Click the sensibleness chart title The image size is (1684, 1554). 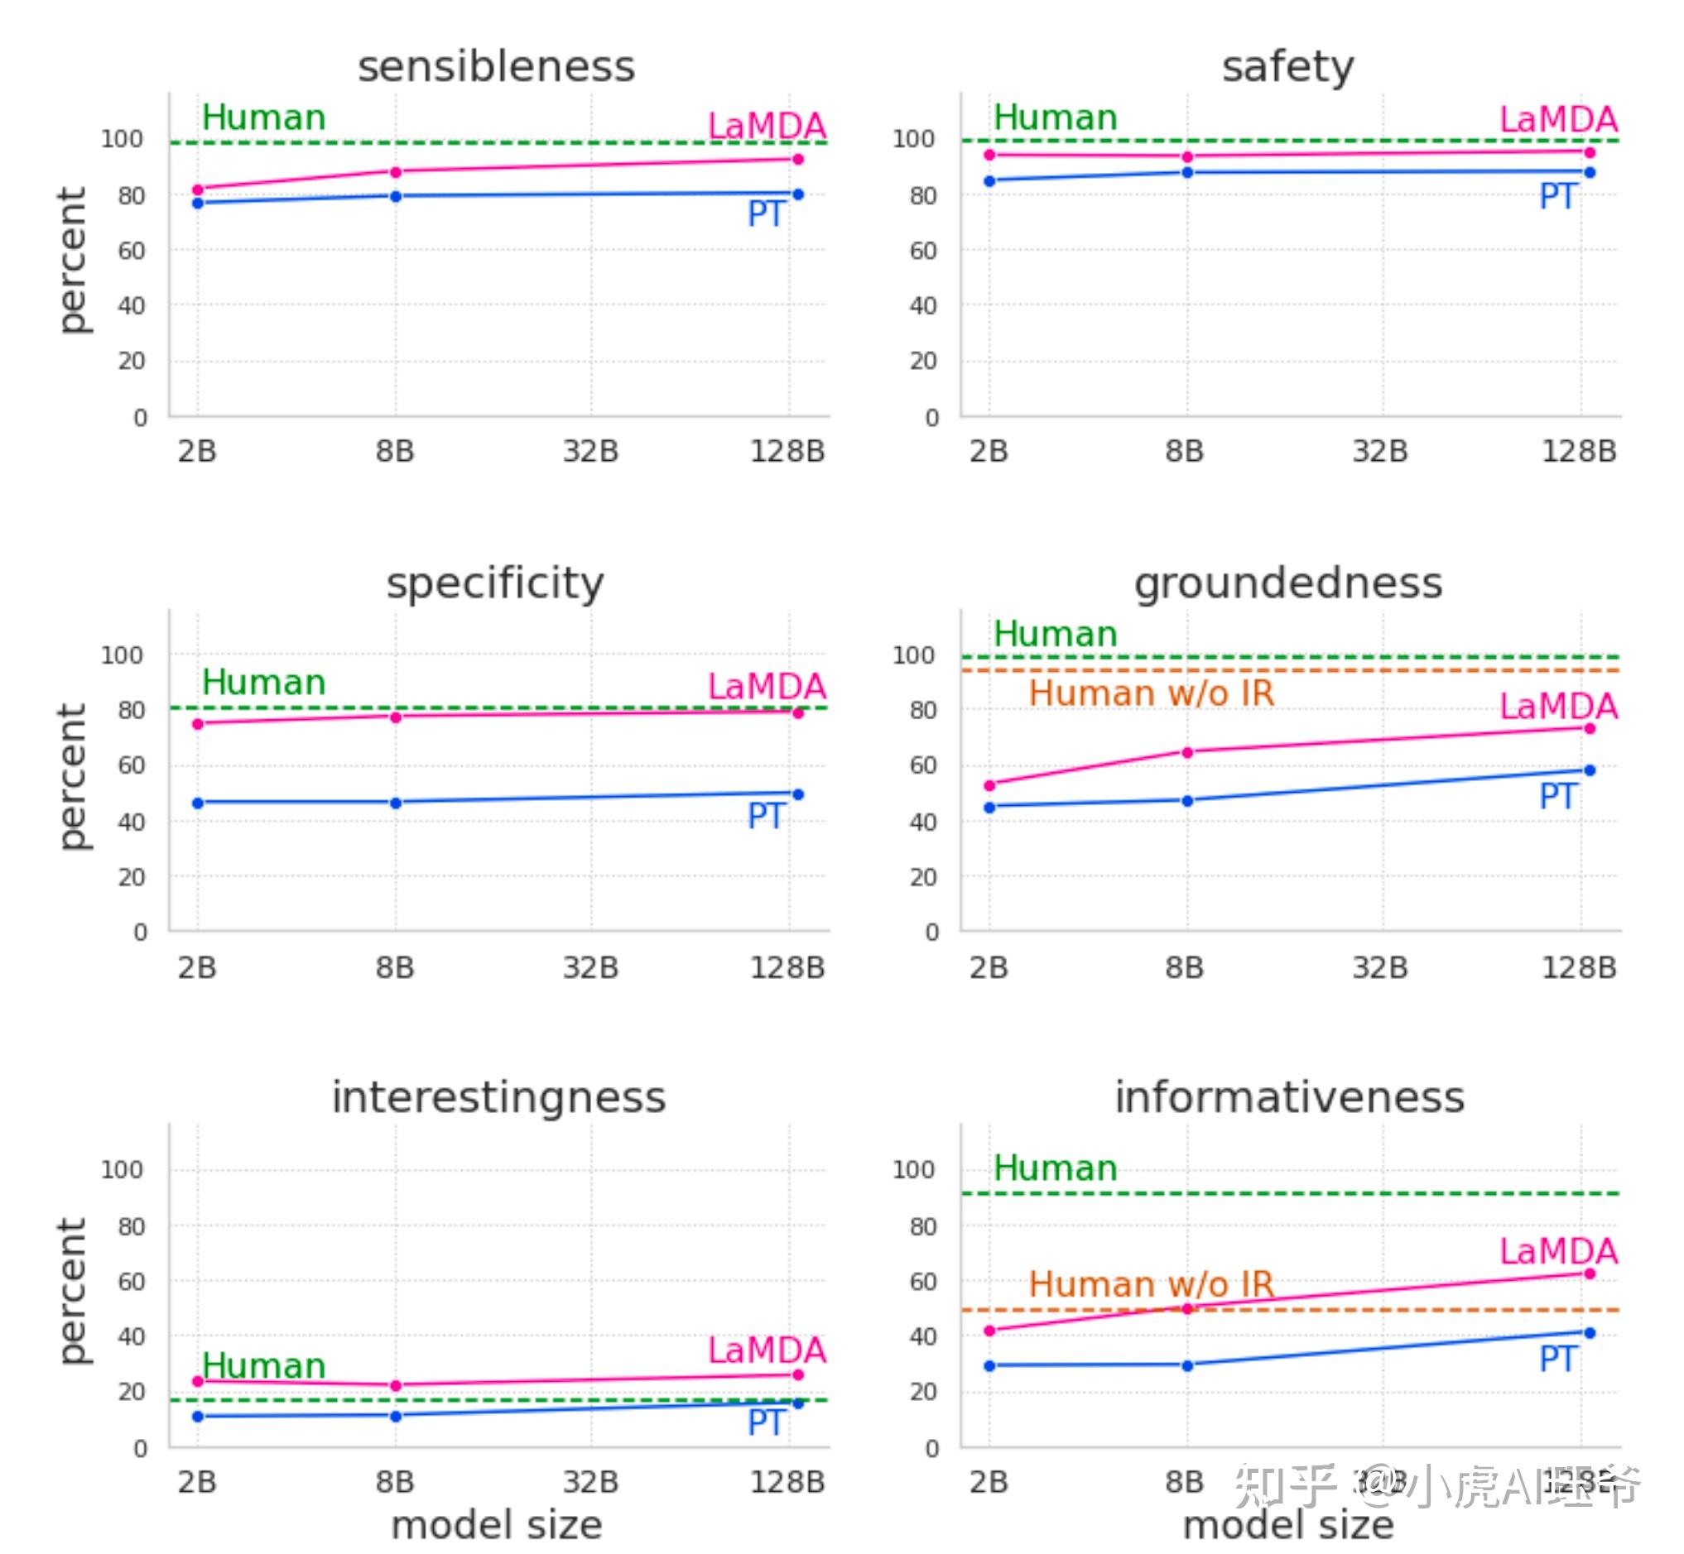(x=496, y=67)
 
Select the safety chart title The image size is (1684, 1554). (x=1287, y=67)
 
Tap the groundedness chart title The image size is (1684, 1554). (x=1287, y=583)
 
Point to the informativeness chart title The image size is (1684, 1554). (x=1290, y=1097)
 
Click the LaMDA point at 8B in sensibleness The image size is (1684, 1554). (x=396, y=172)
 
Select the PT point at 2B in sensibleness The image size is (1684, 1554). (x=198, y=204)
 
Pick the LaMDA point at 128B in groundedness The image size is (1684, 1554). (x=1590, y=728)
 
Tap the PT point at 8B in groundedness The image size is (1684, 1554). (x=1188, y=801)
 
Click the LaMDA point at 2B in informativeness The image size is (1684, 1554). (x=990, y=1331)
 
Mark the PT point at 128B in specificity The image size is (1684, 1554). (x=798, y=794)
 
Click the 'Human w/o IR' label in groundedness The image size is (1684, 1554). (x=1152, y=693)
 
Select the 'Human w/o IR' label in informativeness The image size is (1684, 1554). (x=1152, y=1284)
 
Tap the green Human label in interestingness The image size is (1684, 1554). (x=263, y=1365)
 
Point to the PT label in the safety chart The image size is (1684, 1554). (x=1557, y=198)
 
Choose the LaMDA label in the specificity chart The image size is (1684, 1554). (x=767, y=687)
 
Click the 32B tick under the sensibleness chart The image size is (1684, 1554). (x=590, y=452)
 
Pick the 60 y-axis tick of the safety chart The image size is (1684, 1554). (x=923, y=251)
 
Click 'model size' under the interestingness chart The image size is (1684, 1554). (x=496, y=1525)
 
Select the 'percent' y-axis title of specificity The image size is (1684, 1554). (x=73, y=776)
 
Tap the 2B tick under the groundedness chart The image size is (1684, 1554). (x=989, y=968)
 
